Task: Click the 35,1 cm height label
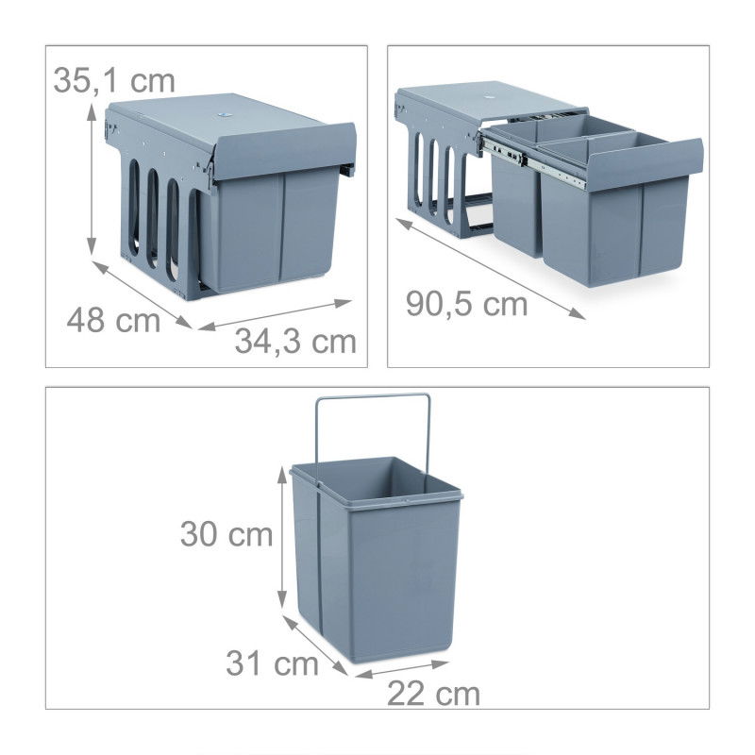coord(114,79)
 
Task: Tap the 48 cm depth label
coord(113,320)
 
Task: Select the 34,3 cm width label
coord(295,341)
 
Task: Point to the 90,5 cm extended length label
coord(466,304)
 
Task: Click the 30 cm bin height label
coord(226,534)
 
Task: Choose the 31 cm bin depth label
coord(272,663)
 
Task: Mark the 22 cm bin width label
coord(433,695)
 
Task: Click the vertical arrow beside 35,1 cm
coord(92,179)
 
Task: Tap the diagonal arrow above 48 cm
coord(143,294)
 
